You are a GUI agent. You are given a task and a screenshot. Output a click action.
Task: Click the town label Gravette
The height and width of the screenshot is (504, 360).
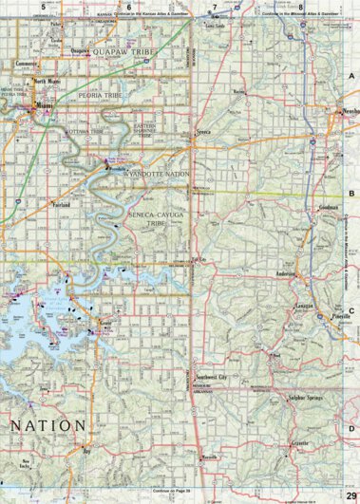[x=301, y=443]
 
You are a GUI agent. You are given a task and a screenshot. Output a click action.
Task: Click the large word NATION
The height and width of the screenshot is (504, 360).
[x=48, y=424]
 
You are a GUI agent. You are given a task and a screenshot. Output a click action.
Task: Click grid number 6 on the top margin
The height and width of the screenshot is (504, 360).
[x=128, y=7]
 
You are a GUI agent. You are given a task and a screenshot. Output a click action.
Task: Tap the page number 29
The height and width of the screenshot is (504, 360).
[x=351, y=494]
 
